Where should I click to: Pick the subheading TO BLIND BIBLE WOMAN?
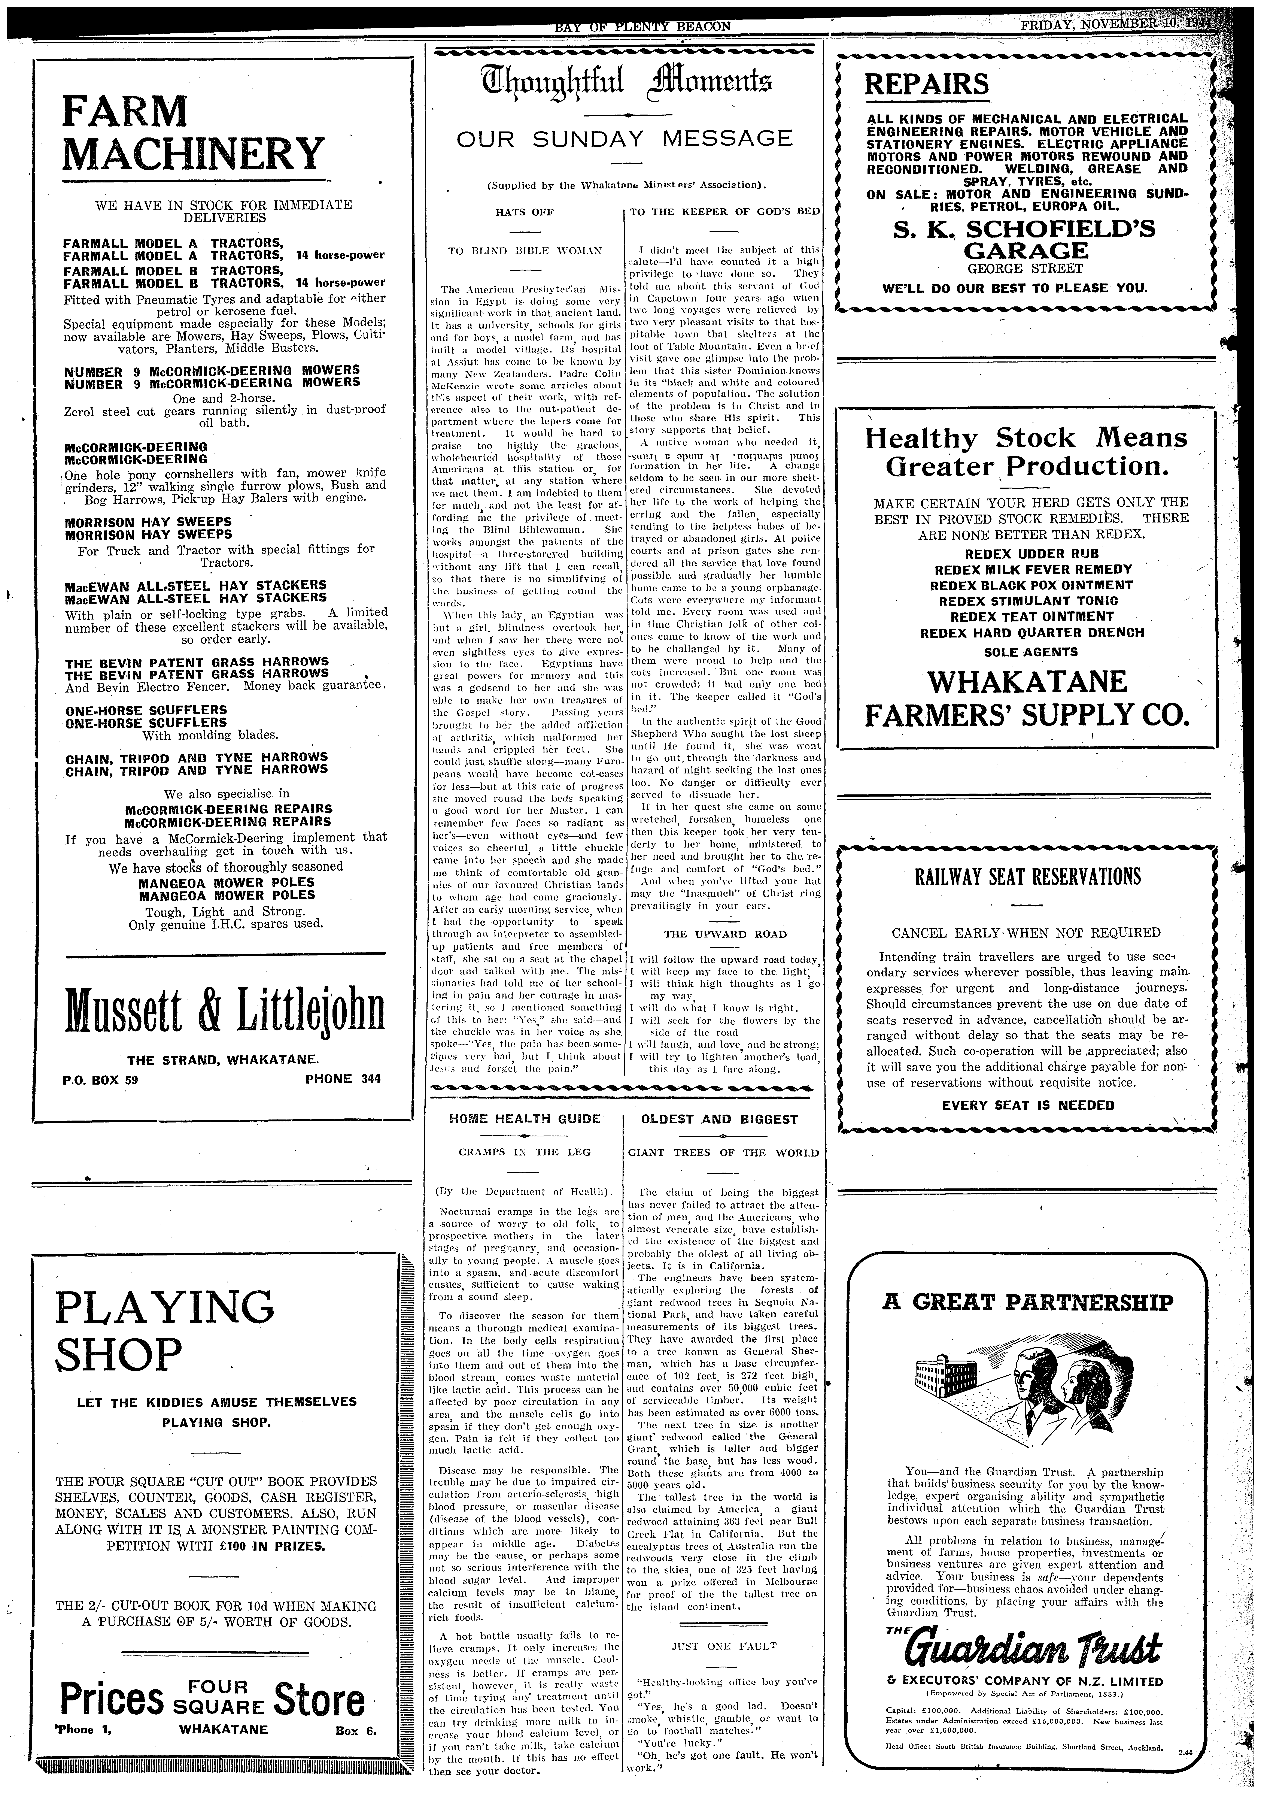click(x=525, y=251)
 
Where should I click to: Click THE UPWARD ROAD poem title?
click(x=725, y=934)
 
